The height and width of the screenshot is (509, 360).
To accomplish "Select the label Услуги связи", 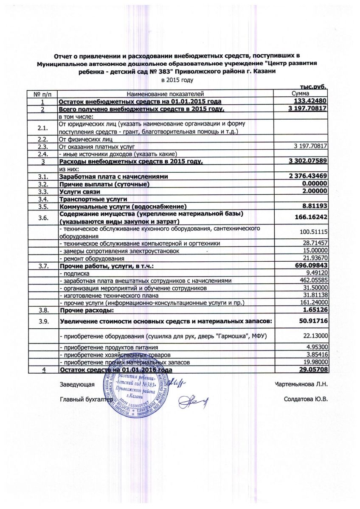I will [80, 191].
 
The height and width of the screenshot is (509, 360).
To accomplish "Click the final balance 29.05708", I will [313, 370].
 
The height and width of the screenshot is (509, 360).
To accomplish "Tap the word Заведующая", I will [76, 384].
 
